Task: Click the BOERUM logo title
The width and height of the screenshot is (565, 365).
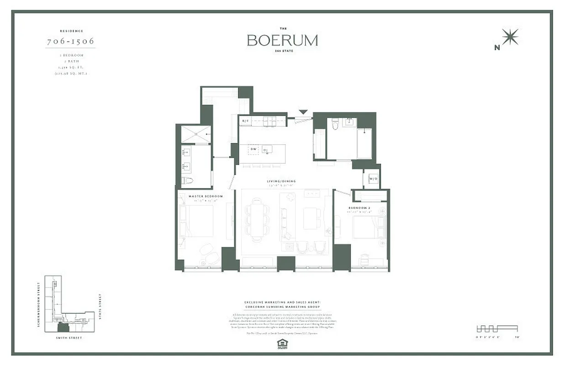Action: point(282,40)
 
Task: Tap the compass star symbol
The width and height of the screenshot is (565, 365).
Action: point(510,36)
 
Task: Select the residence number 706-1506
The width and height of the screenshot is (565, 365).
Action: point(71,41)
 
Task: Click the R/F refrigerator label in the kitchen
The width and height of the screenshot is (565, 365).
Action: point(245,121)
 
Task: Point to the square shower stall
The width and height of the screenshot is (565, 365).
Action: point(196,134)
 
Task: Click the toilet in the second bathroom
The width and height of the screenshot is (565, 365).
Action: point(335,124)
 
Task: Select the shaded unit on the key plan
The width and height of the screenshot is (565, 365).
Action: point(63,327)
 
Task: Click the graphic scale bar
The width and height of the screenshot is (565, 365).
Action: point(496,328)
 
